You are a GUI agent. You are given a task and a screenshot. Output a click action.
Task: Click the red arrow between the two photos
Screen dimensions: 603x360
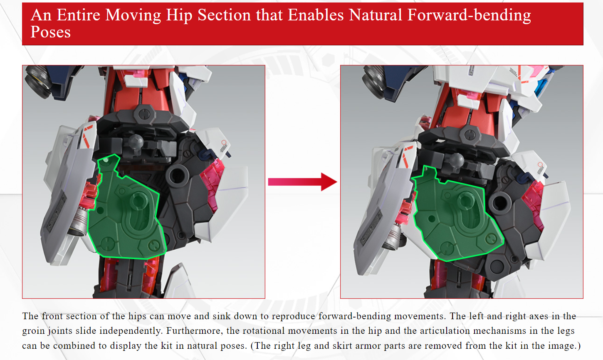point(302,182)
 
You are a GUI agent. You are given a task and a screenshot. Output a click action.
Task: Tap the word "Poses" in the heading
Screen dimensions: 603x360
point(50,32)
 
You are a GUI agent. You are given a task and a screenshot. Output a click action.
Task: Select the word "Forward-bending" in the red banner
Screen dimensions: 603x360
point(469,15)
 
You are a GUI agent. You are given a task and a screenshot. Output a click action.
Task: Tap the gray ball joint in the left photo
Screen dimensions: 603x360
point(136,142)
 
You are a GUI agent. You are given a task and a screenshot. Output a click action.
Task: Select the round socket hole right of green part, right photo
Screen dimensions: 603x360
point(500,202)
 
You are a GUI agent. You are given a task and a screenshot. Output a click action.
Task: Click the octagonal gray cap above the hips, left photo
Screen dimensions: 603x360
point(145,114)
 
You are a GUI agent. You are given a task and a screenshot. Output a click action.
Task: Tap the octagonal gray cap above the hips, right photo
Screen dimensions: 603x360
point(470,134)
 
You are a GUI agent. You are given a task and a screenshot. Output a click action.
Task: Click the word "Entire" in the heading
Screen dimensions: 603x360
point(79,15)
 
